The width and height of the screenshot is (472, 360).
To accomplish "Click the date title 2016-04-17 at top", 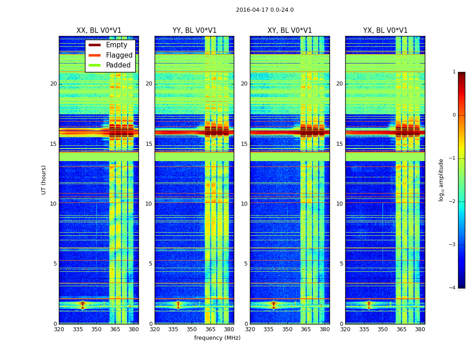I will click(x=265, y=10).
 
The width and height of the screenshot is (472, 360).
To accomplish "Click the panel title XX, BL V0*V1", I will click(x=99, y=31).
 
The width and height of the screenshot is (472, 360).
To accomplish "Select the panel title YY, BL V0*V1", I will click(x=194, y=31).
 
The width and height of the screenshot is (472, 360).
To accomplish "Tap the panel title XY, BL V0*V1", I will click(x=289, y=31).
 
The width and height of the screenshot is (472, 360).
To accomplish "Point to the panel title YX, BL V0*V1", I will click(x=385, y=31).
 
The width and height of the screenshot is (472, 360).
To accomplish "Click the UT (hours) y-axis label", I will click(x=44, y=180).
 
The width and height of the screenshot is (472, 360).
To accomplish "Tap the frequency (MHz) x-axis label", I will click(x=217, y=338).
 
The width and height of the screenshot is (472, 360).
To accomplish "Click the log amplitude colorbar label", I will click(x=441, y=180).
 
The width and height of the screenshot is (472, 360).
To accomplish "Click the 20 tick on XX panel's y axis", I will click(x=53, y=84).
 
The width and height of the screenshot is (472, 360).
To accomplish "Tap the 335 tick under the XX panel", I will click(x=78, y=329).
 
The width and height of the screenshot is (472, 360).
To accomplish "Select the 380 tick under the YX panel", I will click(x=420, y=329).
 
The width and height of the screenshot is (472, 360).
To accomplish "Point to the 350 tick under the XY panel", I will click(x=287, y=329).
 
